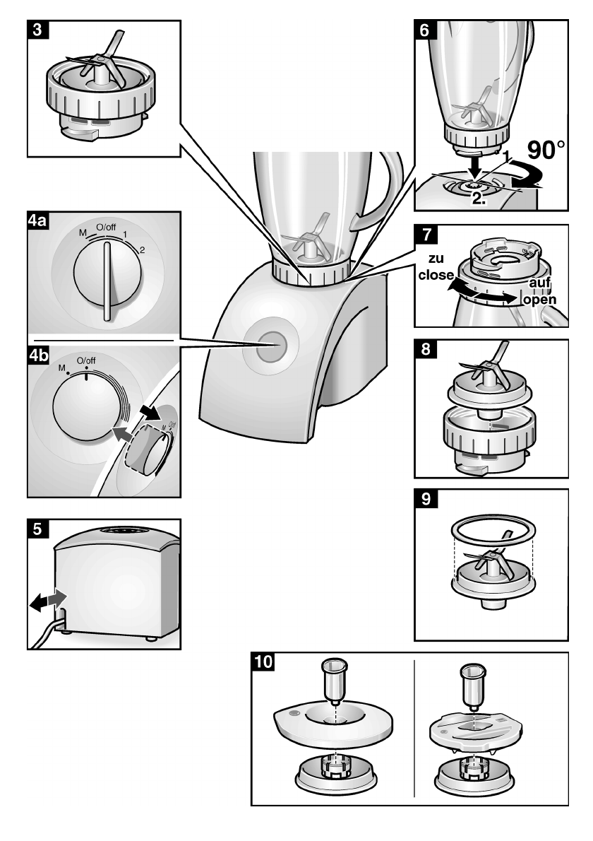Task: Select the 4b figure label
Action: [38, 350]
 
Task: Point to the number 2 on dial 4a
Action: [141, 249]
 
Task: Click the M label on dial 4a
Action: [83, 233]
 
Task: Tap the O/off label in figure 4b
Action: [85, 361]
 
